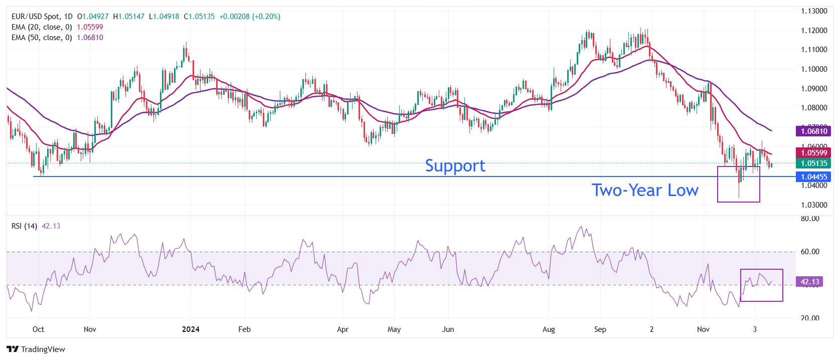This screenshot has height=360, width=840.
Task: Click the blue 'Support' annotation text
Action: [455, 166]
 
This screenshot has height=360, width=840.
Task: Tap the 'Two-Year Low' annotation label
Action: [645, 191]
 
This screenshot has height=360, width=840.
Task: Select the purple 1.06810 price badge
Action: [813, 131]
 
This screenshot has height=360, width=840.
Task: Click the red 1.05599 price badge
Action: [813, 153]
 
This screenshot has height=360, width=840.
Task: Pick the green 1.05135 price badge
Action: [813, 163]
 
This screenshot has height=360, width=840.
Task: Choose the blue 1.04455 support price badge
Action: [813, 177]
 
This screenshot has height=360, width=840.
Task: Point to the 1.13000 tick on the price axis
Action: [813, 11]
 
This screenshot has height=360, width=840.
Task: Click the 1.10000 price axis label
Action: [813, 69]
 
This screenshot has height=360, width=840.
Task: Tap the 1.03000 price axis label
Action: [813, 205]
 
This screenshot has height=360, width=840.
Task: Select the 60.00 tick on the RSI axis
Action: [810, 252]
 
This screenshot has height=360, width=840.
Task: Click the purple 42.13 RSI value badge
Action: [809, 282]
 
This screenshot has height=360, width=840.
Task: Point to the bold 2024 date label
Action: [191, 329]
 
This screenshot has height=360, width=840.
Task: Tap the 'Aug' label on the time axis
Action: [549, 329]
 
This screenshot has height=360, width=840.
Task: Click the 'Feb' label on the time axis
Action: [244, 329]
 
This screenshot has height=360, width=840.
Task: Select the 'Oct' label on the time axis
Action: [38, 329]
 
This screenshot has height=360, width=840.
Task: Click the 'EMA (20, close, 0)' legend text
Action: [42, 27]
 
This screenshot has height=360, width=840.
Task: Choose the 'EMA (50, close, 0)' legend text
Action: [42, 38]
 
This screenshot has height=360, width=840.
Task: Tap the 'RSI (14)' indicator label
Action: [24, 226]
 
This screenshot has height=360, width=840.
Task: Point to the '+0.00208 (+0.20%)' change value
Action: [250, 17]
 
